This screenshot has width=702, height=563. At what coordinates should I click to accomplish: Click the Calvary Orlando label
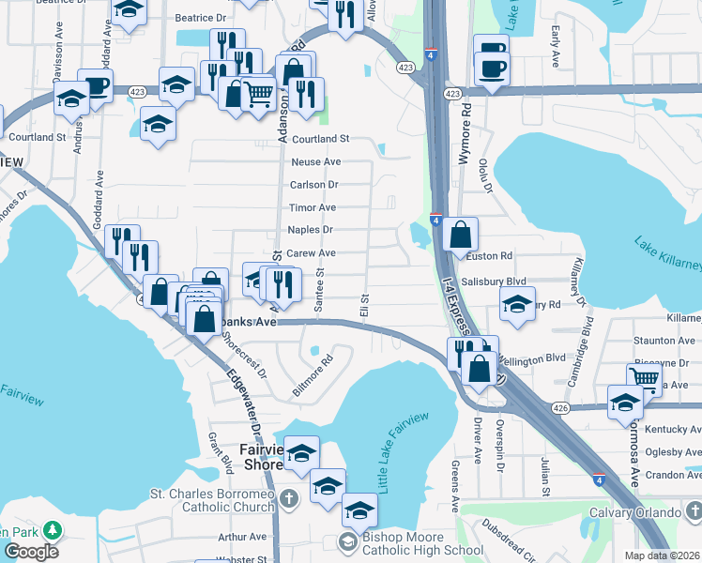tap(634, 512)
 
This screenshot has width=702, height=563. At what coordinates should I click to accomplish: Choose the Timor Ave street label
tap(313, 207)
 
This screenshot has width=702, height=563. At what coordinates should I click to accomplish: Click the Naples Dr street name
tap(310, 230)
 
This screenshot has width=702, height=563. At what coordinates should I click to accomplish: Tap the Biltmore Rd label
tap(313, 374)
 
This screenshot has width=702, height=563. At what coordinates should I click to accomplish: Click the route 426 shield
tap(561, 407)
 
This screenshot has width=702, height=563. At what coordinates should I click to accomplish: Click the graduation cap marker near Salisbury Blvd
tap(516, 304)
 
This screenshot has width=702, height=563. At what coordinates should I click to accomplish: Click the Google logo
tap(31, 552)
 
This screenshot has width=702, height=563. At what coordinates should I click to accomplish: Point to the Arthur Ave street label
tap(241, 538)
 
